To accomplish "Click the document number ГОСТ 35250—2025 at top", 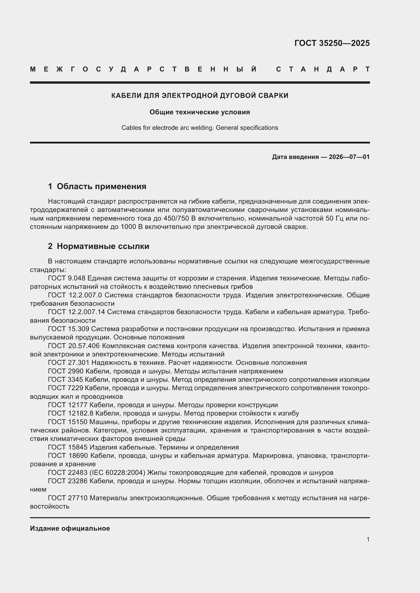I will click(332, 43).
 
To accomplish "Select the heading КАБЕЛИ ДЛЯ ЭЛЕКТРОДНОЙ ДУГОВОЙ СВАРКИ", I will click(200, 96).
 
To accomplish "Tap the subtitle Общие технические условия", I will click(200, 112).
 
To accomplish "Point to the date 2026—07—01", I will click(349, 157).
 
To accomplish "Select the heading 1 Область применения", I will click(97, 186).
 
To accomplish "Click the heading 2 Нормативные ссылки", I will click(99, 246).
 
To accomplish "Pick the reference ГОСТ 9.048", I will click(67, 278).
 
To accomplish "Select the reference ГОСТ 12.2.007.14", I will click(76, 312).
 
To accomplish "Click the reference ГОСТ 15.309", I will click(69, 329).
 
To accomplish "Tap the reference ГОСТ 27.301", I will click(69, 363).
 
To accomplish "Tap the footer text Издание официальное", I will click(70, 528).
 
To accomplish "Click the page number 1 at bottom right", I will click(368, 539).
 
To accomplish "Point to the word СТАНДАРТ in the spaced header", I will click(323, 69).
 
